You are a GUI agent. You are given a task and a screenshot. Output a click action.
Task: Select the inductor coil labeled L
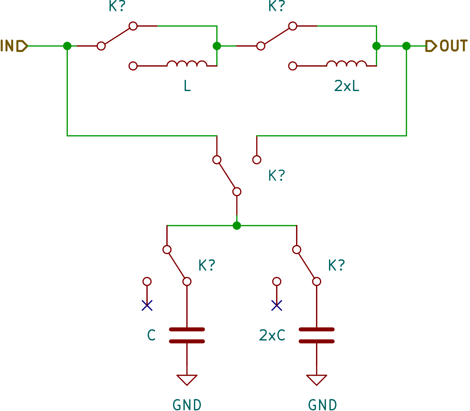coord(187,64)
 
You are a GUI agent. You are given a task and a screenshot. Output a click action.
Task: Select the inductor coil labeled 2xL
coord(346,64)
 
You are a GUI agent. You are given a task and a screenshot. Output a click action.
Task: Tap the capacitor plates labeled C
coord(187,336)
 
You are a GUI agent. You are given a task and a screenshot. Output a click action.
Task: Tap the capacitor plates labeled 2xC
coord(317,336)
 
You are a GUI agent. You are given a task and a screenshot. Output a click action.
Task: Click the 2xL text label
coord(347,86)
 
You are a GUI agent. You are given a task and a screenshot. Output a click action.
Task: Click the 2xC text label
coord(272,335)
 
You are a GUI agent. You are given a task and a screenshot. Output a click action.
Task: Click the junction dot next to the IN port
coord(67,46)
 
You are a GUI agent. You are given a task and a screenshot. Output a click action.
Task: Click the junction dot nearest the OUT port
coord(406,46)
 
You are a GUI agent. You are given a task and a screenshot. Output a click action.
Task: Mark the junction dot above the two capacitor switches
coord(236,225)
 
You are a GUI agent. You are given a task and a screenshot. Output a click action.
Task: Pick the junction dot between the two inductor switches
coord(217,46)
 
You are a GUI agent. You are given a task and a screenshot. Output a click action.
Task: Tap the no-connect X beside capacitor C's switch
coord(147,305)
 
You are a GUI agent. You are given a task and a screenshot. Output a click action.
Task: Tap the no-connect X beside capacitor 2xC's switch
coord(277,305)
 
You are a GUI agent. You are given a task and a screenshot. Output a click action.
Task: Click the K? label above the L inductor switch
coord(117,6)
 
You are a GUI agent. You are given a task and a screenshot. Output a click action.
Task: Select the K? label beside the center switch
coord(277,176)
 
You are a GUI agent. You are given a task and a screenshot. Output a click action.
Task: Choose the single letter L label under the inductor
coord(187,86)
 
